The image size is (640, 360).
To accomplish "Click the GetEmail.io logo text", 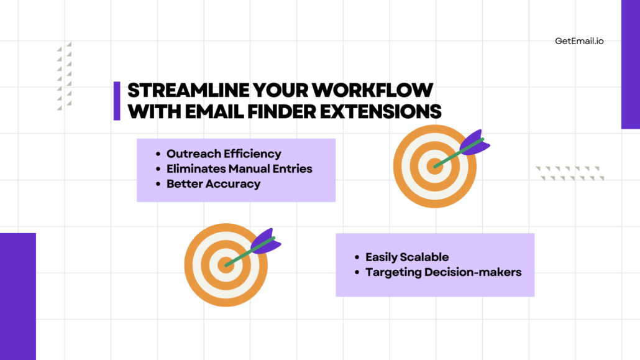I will [x=579, y=41].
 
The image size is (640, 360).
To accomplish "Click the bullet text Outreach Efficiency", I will [x=224, y=154].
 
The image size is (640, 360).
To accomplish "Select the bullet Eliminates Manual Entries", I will [x=239, y=168].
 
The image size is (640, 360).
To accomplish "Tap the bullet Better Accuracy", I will [x=213, y=183].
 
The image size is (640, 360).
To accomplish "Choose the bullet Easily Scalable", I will [x=407, y=257].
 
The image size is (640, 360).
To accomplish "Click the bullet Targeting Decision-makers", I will [x=443, y=272].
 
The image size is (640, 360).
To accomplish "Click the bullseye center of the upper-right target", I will [x=434, y=166].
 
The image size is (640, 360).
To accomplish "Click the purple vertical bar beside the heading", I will [x=117, y=101].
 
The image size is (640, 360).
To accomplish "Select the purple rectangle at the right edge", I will [x=630, y=64].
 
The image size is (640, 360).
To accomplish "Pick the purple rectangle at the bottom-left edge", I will [x=18, y=296].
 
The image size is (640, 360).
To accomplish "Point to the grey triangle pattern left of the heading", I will [x=64, y=76].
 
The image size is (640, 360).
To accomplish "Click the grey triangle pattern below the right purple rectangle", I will [x=570, y=173].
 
